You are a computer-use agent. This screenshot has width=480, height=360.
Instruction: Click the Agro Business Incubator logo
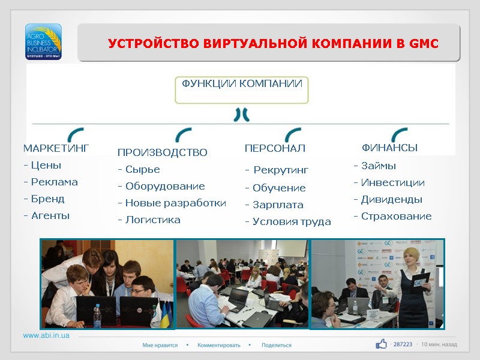click(x=43, y=41)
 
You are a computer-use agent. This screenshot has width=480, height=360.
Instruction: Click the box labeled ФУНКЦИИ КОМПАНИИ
click(x=242, y=89)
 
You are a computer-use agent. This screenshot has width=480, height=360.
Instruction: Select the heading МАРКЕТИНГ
click(x=56, y=148)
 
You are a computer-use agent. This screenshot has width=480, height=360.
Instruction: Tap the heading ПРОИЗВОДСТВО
click(x=162, y=153)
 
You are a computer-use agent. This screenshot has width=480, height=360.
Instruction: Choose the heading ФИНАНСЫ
click(x=389, y=148)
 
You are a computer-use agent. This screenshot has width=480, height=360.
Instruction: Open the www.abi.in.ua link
click(x=46, y=335)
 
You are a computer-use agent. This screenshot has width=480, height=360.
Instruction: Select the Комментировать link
click(x=218, y=345)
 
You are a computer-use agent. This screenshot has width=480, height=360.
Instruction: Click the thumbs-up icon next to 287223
click(x=381, y=344)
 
